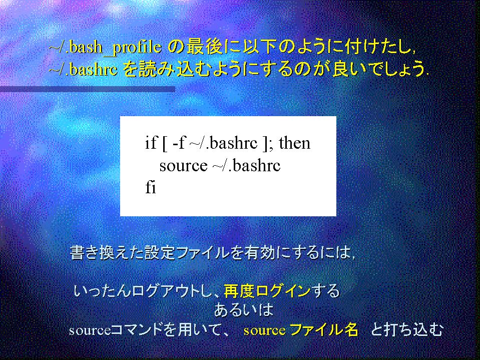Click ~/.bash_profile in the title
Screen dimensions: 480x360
pos(105,47)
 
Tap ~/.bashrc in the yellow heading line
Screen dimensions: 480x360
pos(83,69)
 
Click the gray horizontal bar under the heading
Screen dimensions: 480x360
pos(88,89)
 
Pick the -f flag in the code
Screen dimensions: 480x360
pos(179,143)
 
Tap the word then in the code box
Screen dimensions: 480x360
pos(294,143)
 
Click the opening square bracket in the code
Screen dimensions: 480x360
pos(165,144)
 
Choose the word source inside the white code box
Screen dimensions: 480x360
pos(183,166)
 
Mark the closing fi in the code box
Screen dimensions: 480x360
pos(151,187)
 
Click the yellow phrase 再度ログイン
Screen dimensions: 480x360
pos(267,291)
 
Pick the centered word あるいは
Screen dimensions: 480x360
pos(244,310)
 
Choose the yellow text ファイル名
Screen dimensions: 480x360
pos(323,330)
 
